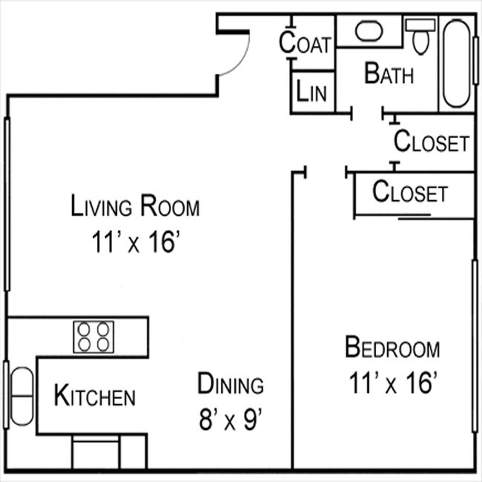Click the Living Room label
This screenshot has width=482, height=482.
click(x=135, y=205)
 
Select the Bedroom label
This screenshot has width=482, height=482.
click(x=392, y=347)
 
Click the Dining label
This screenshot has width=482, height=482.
click(x=231, y=384)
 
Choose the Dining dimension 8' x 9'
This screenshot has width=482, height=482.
click(x=231, y=420)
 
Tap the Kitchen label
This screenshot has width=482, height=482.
click(x=95, y=396)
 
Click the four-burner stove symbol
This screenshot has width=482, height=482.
click(x=94, y=336)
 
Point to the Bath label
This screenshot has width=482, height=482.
click(x=389, y=73)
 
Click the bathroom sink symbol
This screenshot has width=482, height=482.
click(x=366, y=31)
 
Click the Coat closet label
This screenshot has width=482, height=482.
click(x=304, y=42)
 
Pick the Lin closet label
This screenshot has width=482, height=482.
click(x=311, y=92)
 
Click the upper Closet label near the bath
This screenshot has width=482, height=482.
click(x=431, y=141)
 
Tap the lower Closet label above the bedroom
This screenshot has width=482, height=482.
click(x=410, y=192)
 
